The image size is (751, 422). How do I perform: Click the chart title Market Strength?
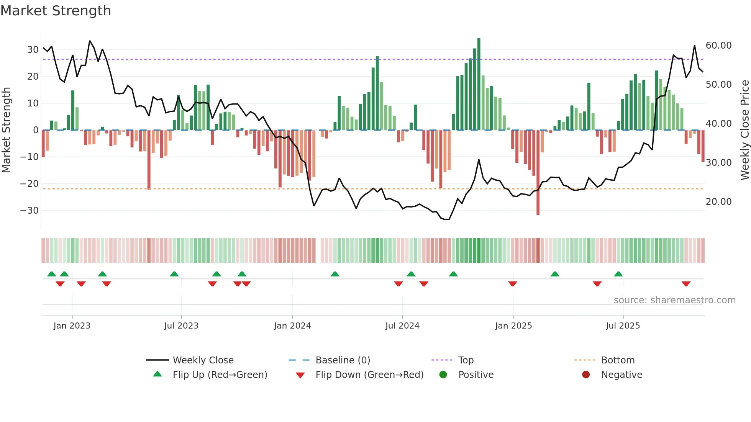(x=56, y=11)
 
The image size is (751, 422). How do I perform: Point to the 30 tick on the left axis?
(x=33, y=50)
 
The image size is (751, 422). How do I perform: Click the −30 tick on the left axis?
(x=30, y=211)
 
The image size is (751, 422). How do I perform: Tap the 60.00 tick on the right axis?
(x=718, y=46)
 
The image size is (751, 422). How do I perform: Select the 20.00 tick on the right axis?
(x=718, y=202)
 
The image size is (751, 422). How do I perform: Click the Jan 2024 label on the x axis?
(x=292, y=326)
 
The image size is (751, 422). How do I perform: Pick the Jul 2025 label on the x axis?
(x=623, y=326)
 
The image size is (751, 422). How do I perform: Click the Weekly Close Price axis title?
(x=744, y=130)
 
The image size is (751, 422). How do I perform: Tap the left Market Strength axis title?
(x=6, y=130)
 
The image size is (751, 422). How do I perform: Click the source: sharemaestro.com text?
(x=674, y=300)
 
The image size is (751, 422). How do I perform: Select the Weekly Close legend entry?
(x=203, y=360)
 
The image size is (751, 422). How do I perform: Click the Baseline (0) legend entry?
(x=343, y=360)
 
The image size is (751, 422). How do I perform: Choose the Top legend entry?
(x=466, y=360)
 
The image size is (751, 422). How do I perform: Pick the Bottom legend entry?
(x=618, y=360)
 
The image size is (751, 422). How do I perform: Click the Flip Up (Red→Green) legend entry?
(x=220, y=375)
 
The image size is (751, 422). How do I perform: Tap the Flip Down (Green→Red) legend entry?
(x=369, y=375)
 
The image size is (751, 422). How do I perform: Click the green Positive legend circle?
(x=443, y=375)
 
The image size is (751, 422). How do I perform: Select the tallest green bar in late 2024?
(x=479, y=84)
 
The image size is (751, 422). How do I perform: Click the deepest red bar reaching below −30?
(x=538, y=172)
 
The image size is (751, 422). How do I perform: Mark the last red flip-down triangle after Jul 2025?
(x=686, y=284)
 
